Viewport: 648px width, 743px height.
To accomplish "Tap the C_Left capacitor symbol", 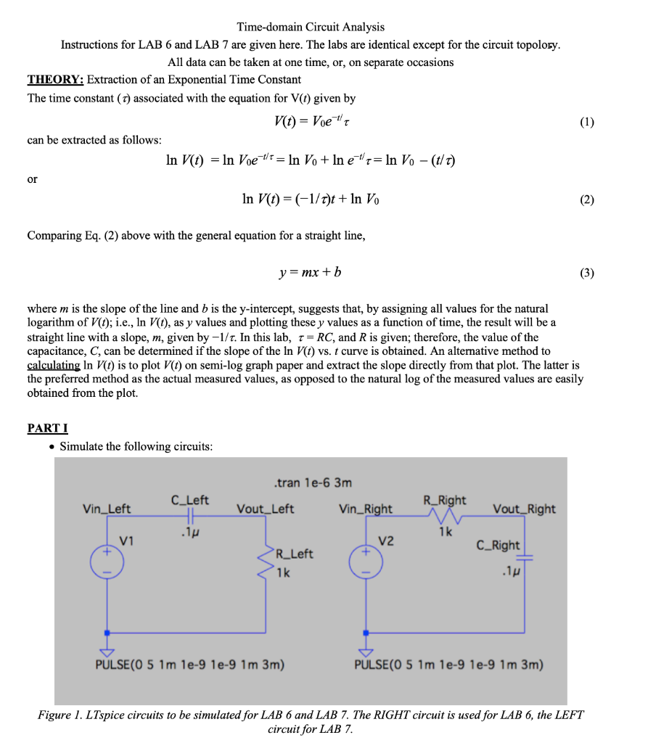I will coord(190,515).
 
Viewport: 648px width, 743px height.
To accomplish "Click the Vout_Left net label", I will coord(265,509).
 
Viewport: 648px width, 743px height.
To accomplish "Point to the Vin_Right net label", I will coord(366,509).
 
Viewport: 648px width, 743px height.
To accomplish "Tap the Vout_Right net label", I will coord(524,509).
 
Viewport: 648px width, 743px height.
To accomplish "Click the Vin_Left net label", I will coord(107,509).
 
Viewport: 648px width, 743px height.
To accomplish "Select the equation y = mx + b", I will coord(311,273).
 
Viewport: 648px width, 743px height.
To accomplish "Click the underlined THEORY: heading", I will coord(56,79).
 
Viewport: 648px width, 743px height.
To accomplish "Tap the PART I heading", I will coord(47,428).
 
